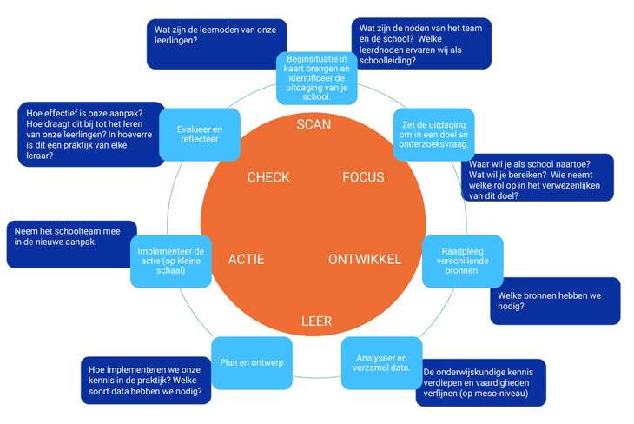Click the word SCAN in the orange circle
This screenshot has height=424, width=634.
[x=314, y=124]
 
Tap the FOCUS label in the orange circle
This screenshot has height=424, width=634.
[x=363, y=177]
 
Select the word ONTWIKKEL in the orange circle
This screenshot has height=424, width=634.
[x=365, y=259]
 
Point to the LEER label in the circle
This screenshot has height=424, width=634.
[x=316, y=321]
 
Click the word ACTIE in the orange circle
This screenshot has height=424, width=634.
[x=246, y=259]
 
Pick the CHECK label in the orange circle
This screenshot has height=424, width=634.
[x=268, y=177]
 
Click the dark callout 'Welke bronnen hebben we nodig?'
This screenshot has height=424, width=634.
[x=554, y=301]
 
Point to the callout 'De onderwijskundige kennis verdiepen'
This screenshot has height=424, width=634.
[x=480, y=382]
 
